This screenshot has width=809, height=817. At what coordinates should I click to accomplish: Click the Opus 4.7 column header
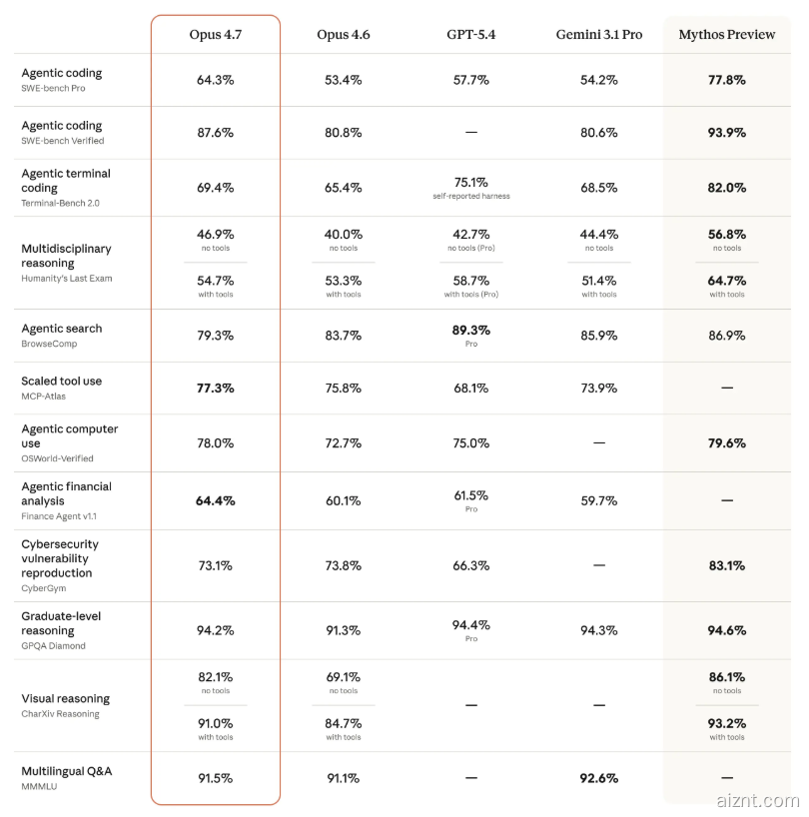[x=216, y=35]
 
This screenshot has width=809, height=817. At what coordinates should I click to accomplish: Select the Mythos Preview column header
[x=726, y=35]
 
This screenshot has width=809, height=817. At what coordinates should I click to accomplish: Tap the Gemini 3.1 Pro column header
[x=599, y=35]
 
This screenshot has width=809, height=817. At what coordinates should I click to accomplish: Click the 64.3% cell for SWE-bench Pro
[x=216, y=80]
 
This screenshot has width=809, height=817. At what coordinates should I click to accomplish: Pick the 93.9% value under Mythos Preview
[x=726, y=133]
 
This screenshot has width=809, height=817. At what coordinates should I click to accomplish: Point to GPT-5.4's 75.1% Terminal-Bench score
[x=471, y=183]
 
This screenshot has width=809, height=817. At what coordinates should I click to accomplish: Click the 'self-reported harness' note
[x=471, y=196]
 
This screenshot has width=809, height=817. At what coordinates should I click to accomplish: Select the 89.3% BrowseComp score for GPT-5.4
[x=471, y=330]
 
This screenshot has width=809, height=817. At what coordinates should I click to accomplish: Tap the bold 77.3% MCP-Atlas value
[x=216, y=388]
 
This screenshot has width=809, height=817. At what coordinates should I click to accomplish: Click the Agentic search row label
[x=62, y=329]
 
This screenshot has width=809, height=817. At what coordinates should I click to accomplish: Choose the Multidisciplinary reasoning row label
[x=66, y=256]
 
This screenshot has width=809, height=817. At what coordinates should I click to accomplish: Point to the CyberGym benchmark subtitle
[x=44, y=588]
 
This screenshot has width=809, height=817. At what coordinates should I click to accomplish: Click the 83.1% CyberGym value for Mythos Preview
[x=726, y=565]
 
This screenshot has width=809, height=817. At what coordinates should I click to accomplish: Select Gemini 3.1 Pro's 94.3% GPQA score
[x=599, y=630]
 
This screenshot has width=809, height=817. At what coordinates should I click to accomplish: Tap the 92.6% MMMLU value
[x=599, y=778]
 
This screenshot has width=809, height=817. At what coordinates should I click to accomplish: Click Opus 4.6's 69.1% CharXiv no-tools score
[x=343, y=677]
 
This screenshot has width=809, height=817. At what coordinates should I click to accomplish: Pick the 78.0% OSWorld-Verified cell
[x=216, y=442]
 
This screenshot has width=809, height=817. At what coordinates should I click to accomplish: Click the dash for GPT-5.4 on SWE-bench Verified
[x=471, y=133]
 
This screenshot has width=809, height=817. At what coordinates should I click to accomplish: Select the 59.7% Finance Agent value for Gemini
[x=599, y=500]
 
